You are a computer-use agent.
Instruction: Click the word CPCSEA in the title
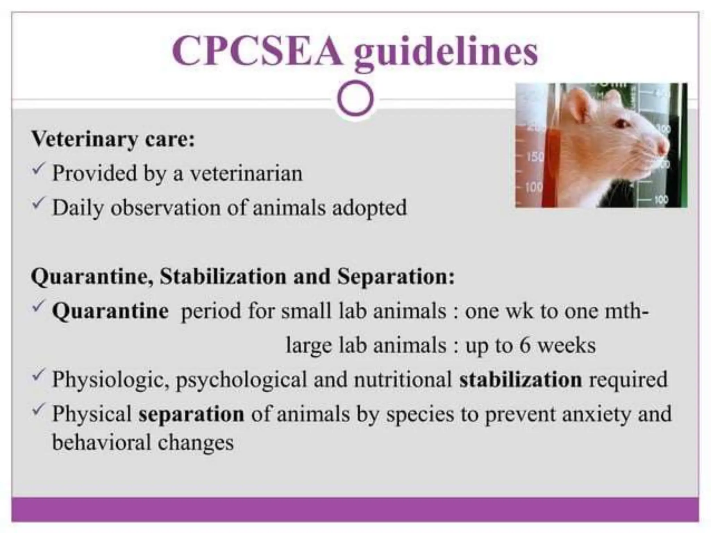pos(257,51)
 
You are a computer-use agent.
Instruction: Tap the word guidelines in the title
pos(446,53)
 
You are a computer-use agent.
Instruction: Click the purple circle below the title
pos(355,99)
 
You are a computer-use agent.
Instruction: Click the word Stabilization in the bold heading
pos(223,276)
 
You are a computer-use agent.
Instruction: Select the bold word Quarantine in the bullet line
pos(110,311)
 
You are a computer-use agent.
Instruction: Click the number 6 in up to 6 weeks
pos(525,345)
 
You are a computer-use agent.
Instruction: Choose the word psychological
pos(241,380)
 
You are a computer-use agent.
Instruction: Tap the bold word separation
pos(191,414)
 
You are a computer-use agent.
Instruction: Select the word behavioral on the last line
pos(101,442)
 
